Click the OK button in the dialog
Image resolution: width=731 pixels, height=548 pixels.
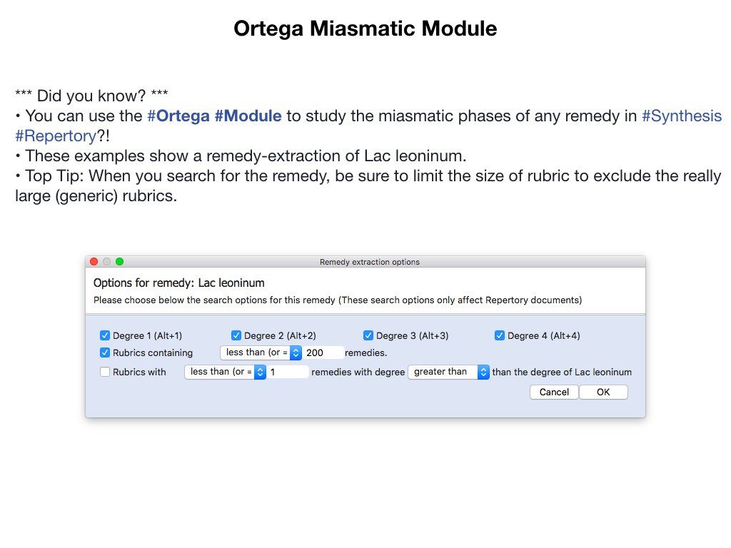coord(603,392)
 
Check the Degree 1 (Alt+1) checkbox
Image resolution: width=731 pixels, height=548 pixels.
coord(105,335)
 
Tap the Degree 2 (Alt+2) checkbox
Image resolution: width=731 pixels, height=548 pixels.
coord(236,335)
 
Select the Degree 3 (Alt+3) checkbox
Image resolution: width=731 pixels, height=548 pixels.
coord(368,335)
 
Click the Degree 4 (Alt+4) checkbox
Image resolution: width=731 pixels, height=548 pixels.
coord(500,335)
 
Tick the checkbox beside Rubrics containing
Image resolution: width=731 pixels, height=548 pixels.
coord(105,352)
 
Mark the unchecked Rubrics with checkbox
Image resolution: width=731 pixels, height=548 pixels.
coord(105,372)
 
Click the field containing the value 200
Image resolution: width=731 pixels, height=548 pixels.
coord(323,352)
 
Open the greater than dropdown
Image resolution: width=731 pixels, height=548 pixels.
coord(448,372)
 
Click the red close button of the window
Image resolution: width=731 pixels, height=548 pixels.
coord(94,261)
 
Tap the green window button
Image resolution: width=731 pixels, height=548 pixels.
coord(119,261)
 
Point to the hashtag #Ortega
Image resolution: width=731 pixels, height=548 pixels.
coord(178,116)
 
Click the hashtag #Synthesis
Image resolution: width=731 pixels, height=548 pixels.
coord(682,116)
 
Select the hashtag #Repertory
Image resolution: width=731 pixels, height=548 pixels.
coord(56,136)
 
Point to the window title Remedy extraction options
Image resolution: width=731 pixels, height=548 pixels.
coord(370,262)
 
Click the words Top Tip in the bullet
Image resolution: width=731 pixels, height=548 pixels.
coord(52,176)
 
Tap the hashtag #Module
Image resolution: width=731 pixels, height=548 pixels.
coord(248,116)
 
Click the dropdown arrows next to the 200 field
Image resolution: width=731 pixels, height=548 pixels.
coord(296,352)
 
